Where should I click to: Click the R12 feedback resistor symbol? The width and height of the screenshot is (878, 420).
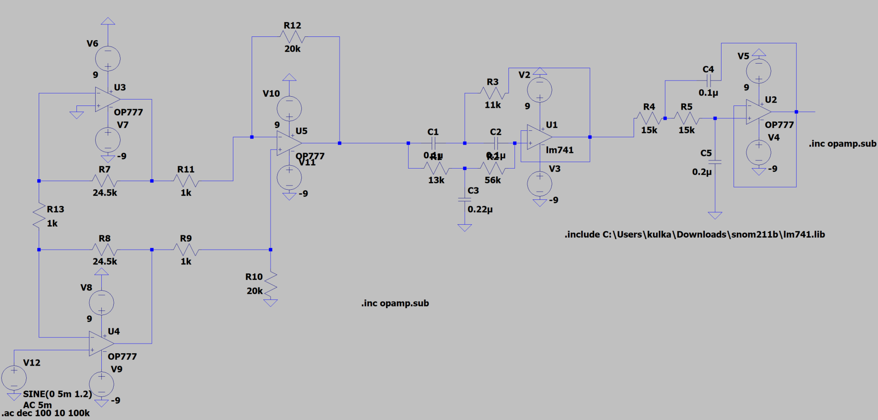coord(292,37)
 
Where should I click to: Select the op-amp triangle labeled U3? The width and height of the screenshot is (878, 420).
coord(107,99)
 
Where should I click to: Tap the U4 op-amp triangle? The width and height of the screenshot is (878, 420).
coord(101,344)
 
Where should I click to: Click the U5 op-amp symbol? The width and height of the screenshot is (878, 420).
coord(289,143)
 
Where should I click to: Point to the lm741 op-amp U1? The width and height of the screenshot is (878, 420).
coord(539,137)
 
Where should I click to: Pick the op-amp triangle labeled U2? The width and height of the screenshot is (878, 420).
coord(758,112)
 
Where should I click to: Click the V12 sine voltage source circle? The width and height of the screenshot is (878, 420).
coord(14,378)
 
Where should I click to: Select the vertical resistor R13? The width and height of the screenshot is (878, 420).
coord(39,216)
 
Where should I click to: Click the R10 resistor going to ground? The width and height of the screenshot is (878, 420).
coord(271,284)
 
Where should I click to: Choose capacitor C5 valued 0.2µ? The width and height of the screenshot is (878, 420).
coord(715,162)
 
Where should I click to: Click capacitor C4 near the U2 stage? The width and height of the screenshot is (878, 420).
coord(709,81)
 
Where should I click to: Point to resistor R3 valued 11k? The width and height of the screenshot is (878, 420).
coord(493,93)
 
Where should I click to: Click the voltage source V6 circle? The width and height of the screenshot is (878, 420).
coord(108,58)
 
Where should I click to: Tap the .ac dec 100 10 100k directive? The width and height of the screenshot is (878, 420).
coord(46,413)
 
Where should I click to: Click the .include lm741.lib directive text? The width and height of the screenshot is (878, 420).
coord(694,234)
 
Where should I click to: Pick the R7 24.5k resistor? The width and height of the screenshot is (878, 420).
coord(104,181)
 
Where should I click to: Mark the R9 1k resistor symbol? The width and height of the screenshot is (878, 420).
coord(186,250)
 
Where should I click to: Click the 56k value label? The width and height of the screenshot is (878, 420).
coord(492,180)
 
